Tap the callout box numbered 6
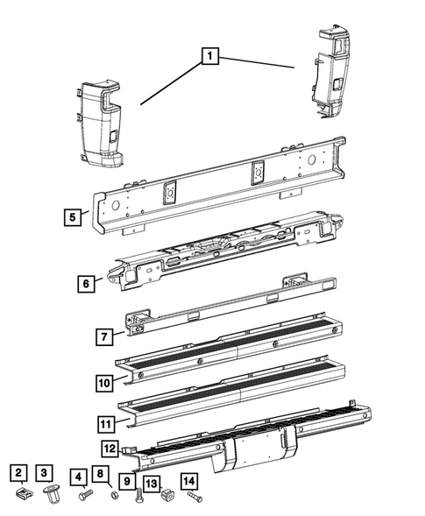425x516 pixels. click(x=85, y=284)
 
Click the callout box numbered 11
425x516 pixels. click(x=103, y=428)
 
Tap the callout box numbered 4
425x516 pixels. click(x=80, y=478)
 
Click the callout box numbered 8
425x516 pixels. click(x=101, y=476)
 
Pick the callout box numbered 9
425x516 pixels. click(x=128, y=480)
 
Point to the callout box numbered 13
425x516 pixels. click(x=152, y=483)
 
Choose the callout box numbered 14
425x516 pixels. click(x=188, y=481)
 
